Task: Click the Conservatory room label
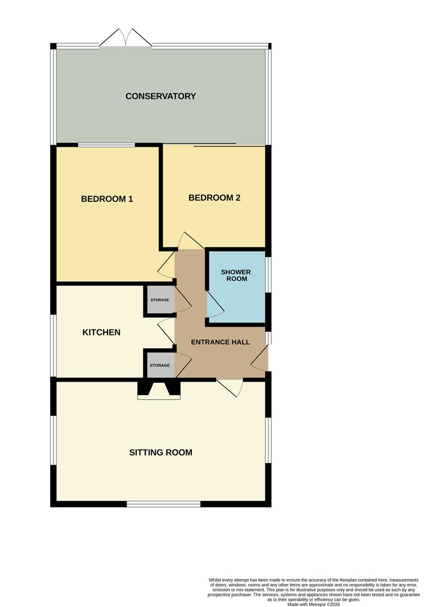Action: [x=160, y=96]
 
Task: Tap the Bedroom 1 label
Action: [x=107, y=199]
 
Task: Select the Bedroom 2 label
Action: [x=214, y=198]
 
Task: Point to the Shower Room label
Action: [x=236, y=275]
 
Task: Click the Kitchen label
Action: [x=101, y=332]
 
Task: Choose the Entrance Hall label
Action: [x=220, y=342]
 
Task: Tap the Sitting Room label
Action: [x=160, y=452]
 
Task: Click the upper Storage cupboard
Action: [x=159, y=300]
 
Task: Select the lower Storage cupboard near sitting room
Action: [x=159, y=365]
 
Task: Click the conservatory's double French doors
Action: [x=126, y=38]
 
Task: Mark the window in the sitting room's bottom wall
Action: [x=164, y=504]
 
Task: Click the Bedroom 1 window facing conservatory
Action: [x=106, y=145]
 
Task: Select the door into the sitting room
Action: [x=230, y=387]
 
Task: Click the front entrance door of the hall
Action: [x=260, y=359]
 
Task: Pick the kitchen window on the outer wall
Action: [x=53, y=345]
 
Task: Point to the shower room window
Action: [x=268, y=275]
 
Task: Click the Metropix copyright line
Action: [x=313, y=604]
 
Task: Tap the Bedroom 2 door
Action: [x=191, y=241]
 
